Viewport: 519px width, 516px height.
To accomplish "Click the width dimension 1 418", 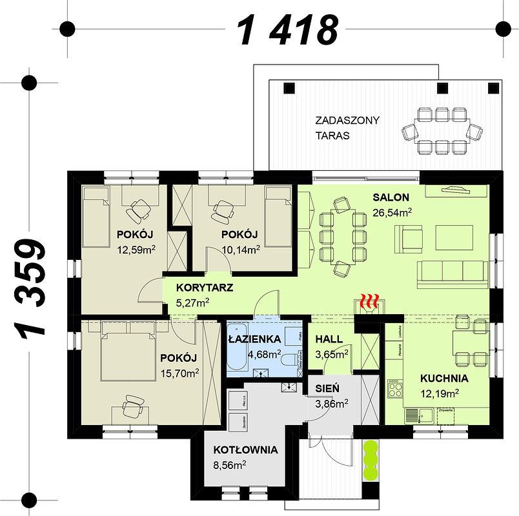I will click(288, 30).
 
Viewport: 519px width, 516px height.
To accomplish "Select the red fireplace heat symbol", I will click(370, 301).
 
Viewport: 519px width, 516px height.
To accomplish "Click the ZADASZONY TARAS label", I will click(347, 128).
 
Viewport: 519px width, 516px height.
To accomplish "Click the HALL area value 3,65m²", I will click(332, 353).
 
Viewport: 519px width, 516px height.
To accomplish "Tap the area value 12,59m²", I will click(136, 248).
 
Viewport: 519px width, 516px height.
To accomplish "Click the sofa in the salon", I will click(452, 275).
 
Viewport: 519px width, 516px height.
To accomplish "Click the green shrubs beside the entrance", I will click(371, 459).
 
